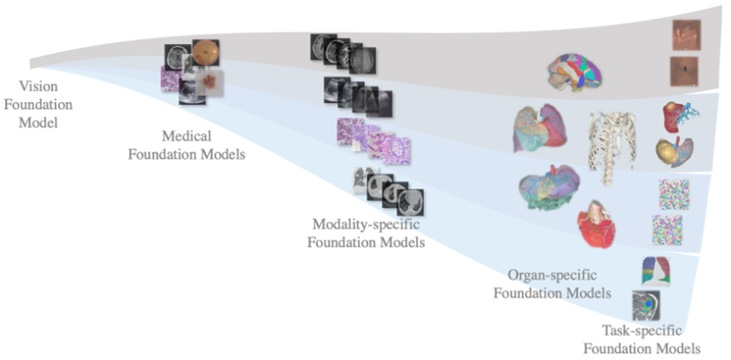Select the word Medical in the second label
point(186,137)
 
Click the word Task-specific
point(651,332)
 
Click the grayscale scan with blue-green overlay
point(647,305)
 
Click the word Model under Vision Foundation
point(38,121)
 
